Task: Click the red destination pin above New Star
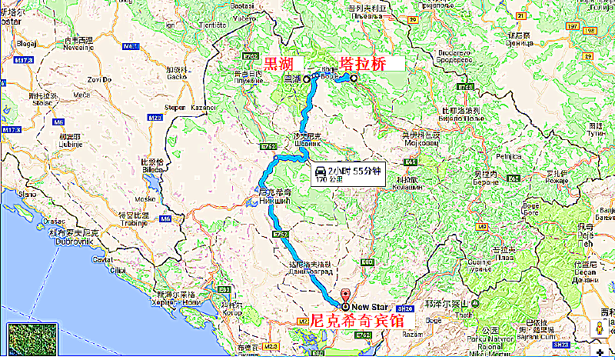coord(345,295)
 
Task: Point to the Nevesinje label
coord(78,45)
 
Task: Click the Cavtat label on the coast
coord(101,260)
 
